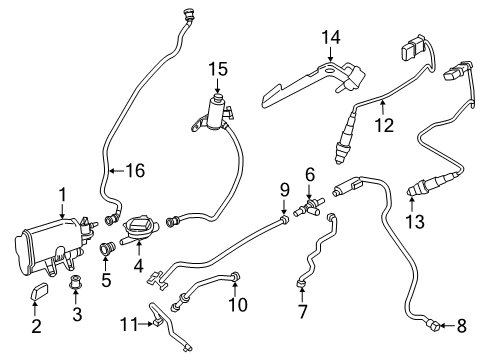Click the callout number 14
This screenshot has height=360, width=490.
(330, 38)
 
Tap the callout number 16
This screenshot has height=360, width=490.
(133, 171)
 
